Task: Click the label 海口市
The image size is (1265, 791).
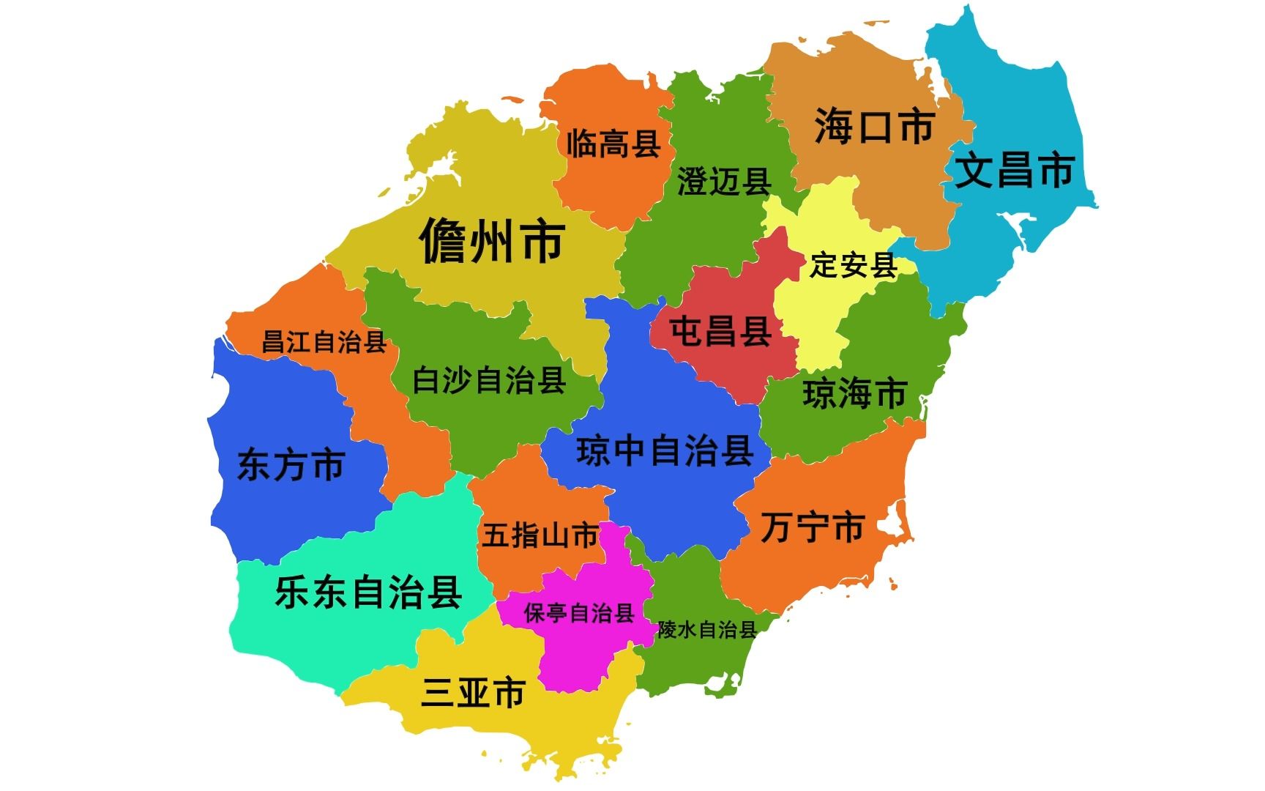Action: pos(874,127)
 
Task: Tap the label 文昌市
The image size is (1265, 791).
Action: pos(1015,171)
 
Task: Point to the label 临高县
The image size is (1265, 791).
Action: pos(613,143)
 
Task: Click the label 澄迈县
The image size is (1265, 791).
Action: pos(724,181)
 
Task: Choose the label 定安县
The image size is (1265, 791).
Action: pos(853,265)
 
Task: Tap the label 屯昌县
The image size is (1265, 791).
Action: pos(720,332)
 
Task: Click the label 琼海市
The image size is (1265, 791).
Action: pos(854,394)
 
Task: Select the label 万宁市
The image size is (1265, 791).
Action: pos(813,528)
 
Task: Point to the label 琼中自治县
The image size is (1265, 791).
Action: pos(665,450)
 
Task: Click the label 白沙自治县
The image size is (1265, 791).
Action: pos(489,381)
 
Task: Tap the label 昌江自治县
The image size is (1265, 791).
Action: pos(324,342)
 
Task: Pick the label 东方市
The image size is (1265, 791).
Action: pos(291,466)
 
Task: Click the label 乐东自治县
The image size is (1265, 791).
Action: pos(368,593)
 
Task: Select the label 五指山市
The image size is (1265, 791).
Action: pos(540,535)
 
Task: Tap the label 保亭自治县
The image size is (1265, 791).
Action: pos(578,613)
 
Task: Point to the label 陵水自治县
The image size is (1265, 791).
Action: pos(706,629)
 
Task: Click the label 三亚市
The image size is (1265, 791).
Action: pos(473,692)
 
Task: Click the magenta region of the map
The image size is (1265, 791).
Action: pos(578,652)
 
